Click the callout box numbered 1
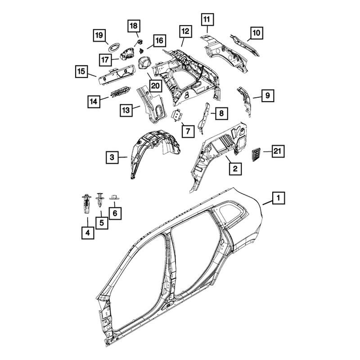(279, 198)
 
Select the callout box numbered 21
(278, 151)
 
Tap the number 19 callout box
(99, 36)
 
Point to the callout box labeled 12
(185, 31)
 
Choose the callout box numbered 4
(88, 233)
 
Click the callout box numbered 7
(188, 131)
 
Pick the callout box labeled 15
(81, 72)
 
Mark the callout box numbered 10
(256, 33)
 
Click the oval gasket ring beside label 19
(114, 47)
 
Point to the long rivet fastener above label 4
(86, 203)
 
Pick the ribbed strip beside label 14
(121, 91)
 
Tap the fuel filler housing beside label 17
(128, 54)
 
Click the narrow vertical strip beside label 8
(204, 118)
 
